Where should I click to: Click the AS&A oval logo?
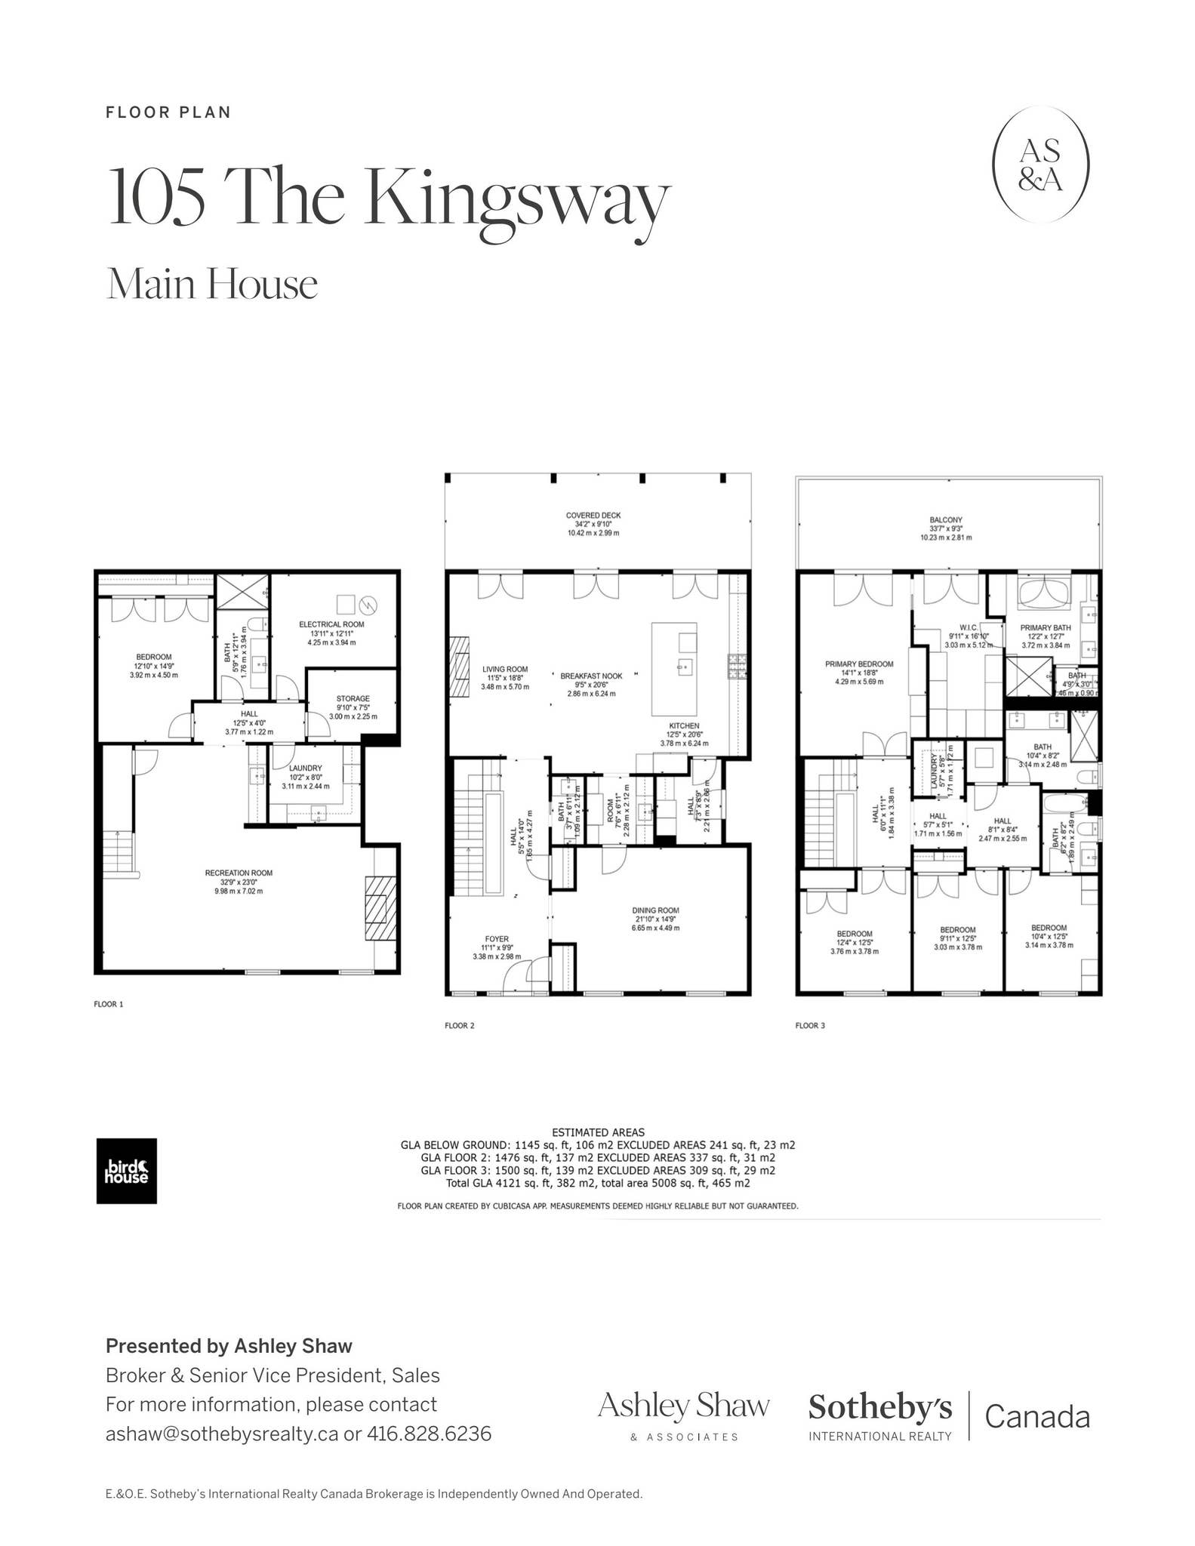coord(1040,164)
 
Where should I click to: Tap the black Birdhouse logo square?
coord(126,1171)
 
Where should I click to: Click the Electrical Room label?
coord(331,624)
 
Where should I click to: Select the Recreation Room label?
coord(239,873)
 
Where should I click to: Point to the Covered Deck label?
coord(593,516)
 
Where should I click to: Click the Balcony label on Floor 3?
coord(946,520)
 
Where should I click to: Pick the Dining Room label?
coord(655,910)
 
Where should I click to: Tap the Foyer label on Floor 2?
coord(497,939)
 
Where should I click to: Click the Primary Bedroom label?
coord(859,664)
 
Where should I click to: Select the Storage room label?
coord(353,699)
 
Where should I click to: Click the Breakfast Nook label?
coord(591,676)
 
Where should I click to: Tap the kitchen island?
coord(674,669)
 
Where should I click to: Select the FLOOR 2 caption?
coord(460,1026)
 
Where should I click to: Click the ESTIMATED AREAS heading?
coord(598,1132)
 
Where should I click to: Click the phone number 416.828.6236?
coord(429,1434)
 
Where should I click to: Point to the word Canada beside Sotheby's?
coord(1037,1417)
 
